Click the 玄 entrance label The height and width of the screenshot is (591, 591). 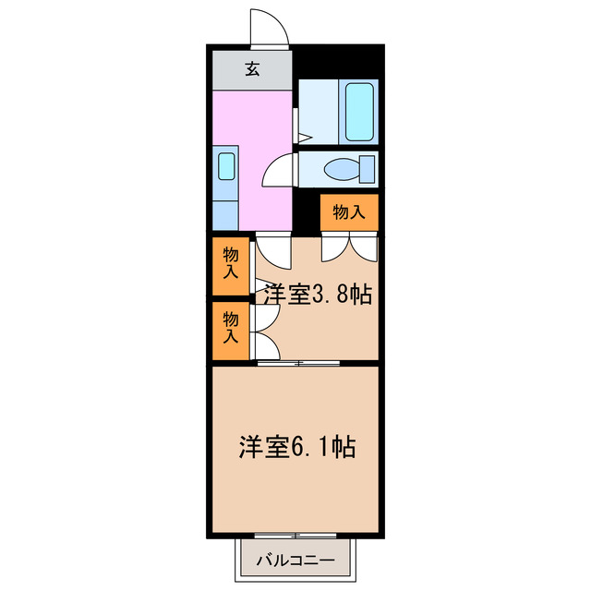pos(251,68)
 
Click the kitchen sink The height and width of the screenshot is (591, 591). pos(225,166)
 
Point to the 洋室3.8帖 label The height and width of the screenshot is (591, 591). pos(317,295)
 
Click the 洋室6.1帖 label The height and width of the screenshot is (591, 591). pos(297,447)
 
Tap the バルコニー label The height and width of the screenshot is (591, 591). pos(296,560)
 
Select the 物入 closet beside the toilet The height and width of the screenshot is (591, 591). pos(349,212)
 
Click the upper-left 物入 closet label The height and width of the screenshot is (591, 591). pos(231,263)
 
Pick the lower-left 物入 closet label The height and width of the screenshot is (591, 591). pos(231,329)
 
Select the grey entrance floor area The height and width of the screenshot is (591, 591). pos(251,68)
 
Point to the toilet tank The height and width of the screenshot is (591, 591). pos(368,169)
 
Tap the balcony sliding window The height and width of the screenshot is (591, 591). pos(296,536)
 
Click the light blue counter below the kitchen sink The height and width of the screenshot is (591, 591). pos(225,208)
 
